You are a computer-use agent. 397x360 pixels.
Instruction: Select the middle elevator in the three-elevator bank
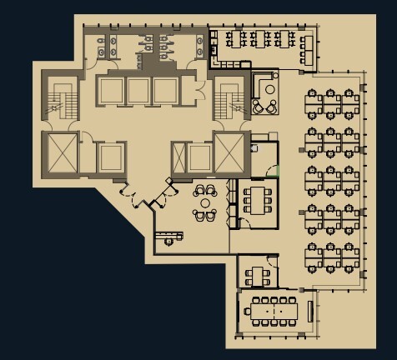(138, 90)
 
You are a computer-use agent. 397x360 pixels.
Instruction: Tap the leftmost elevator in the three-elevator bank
(110, 90)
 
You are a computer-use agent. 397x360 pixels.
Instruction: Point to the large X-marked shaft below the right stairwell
(229, 151)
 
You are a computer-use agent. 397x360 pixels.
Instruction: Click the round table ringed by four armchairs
(205, 202)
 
